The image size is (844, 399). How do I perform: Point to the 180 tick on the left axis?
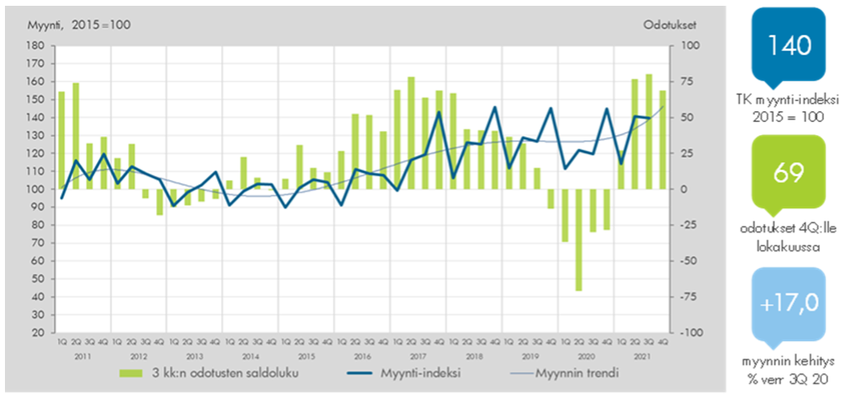pyautogui.click(x=36, y=46)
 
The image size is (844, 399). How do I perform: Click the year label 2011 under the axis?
pyautogui.click(x=82, y=355)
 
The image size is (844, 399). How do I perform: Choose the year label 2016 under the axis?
pyautogui.click(x=361, y=355)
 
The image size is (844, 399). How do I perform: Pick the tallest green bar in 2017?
pyautogui.click(x=411, y=133)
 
